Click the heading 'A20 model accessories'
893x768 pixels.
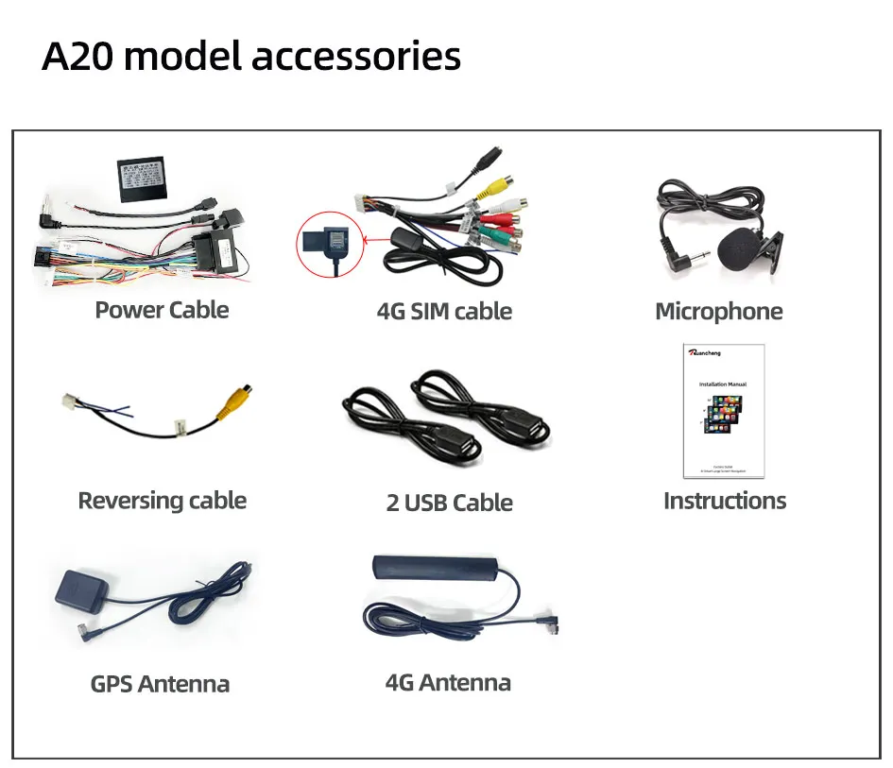[x=251, y=56]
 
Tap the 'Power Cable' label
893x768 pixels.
[x=162, y=310]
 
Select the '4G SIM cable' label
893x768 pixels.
[x=444, y=312]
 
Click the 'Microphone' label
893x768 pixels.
[x=718, y=312]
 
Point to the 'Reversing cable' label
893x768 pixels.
[x=162, y=501]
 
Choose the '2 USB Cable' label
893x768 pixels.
[x=449, y=503]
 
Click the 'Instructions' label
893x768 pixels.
[x=724, y=501]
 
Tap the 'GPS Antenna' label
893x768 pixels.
[x=160, y=684]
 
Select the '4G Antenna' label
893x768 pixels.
[x=448, y=682]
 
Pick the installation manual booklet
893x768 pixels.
[x=723, y=411]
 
